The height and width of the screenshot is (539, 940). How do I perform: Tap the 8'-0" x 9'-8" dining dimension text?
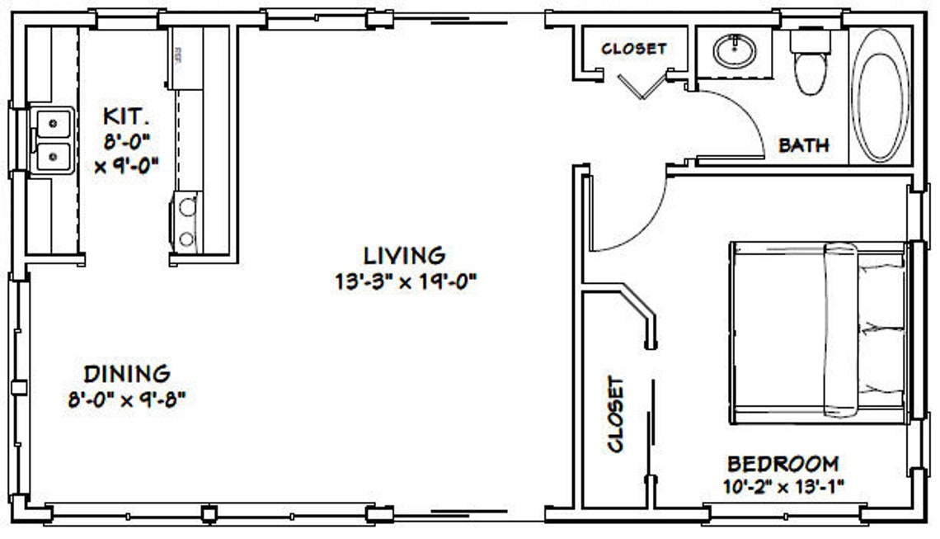point(127,400)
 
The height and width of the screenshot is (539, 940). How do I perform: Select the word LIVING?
point(405,254)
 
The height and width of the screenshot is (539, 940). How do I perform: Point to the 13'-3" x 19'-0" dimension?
point(405,281)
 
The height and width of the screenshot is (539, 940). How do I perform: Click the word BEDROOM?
point(783,463)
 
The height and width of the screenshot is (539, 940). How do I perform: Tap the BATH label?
point(803,146)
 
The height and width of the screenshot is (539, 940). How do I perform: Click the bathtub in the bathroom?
point(879,94)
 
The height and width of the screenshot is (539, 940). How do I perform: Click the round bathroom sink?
point(734,52)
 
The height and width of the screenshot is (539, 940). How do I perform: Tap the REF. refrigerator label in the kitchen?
point(176,56)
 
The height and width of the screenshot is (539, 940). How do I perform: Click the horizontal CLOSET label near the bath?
point(633,49)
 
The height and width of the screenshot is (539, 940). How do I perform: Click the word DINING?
point(127,373)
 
